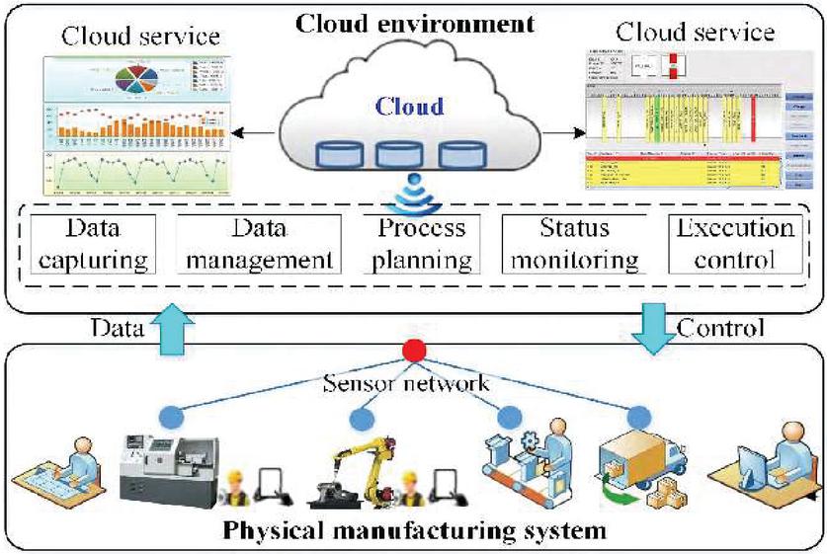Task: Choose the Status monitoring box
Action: [572, 245]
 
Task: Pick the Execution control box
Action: [733, 245]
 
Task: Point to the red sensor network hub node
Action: [414, 350]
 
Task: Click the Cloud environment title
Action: [413, 22]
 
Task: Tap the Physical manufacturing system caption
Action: [414, 531]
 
